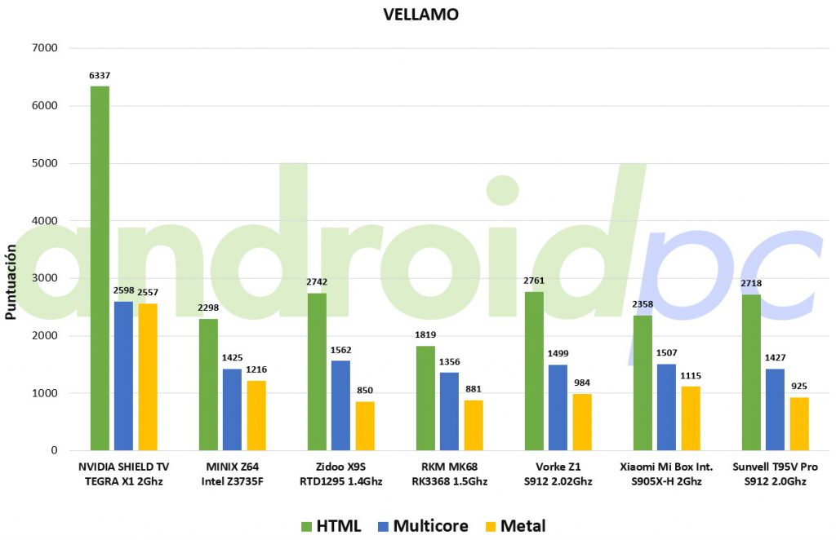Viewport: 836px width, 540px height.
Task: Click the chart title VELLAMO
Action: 420,15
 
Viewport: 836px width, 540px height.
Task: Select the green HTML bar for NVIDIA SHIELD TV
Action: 100,268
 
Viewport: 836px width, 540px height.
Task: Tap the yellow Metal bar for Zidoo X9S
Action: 365,426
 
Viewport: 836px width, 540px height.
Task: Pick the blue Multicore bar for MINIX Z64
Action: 232,409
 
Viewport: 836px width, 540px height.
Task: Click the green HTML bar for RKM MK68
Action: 425,398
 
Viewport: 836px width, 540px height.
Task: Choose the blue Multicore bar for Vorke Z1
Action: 558,407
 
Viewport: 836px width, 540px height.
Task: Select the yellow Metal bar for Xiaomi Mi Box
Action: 691,418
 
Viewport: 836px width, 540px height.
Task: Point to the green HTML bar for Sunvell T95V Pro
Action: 751,372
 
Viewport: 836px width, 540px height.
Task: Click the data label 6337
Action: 100,76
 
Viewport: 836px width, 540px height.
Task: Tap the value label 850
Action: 365,391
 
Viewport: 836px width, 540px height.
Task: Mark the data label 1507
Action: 666,352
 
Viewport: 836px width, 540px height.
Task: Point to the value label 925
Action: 799,386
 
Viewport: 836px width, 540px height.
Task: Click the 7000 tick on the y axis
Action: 45,48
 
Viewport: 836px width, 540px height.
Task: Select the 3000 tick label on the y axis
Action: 45,278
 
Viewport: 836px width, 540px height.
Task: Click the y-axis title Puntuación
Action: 11,281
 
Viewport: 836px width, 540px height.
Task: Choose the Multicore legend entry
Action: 423,526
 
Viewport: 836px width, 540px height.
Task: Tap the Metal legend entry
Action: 516,526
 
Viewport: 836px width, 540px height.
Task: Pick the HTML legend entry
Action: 331,526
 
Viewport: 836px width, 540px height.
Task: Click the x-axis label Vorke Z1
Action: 558,467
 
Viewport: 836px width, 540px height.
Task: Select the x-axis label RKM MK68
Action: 450,467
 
